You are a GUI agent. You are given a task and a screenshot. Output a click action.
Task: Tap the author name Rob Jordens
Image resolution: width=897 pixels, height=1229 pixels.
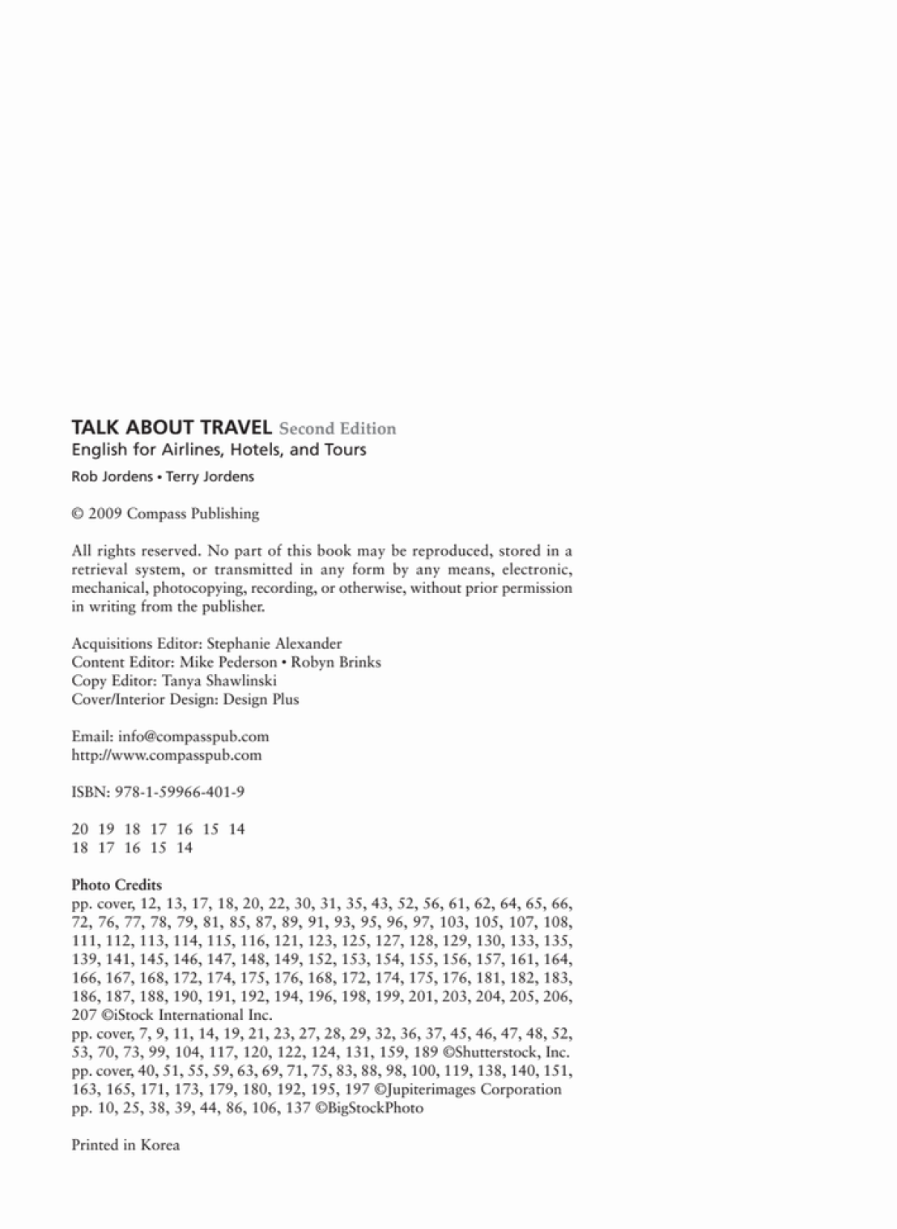[x=112, y=476]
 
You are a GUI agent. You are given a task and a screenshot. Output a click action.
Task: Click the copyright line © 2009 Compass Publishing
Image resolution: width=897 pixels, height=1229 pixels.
[x=165, y=513]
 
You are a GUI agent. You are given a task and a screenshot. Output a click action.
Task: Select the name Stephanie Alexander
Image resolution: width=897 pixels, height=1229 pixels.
[x=274, y=644]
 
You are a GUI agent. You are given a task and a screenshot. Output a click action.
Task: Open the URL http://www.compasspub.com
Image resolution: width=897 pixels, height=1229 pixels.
[x=167, y=755]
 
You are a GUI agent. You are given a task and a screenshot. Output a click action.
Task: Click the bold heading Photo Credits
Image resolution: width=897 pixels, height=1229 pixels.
[x=117, y=885]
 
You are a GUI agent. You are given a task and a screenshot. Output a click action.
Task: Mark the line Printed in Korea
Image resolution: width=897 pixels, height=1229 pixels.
[x=125, y=1145]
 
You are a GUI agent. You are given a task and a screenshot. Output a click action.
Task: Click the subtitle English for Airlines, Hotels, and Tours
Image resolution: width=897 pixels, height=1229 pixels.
[x=219, y=450]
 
